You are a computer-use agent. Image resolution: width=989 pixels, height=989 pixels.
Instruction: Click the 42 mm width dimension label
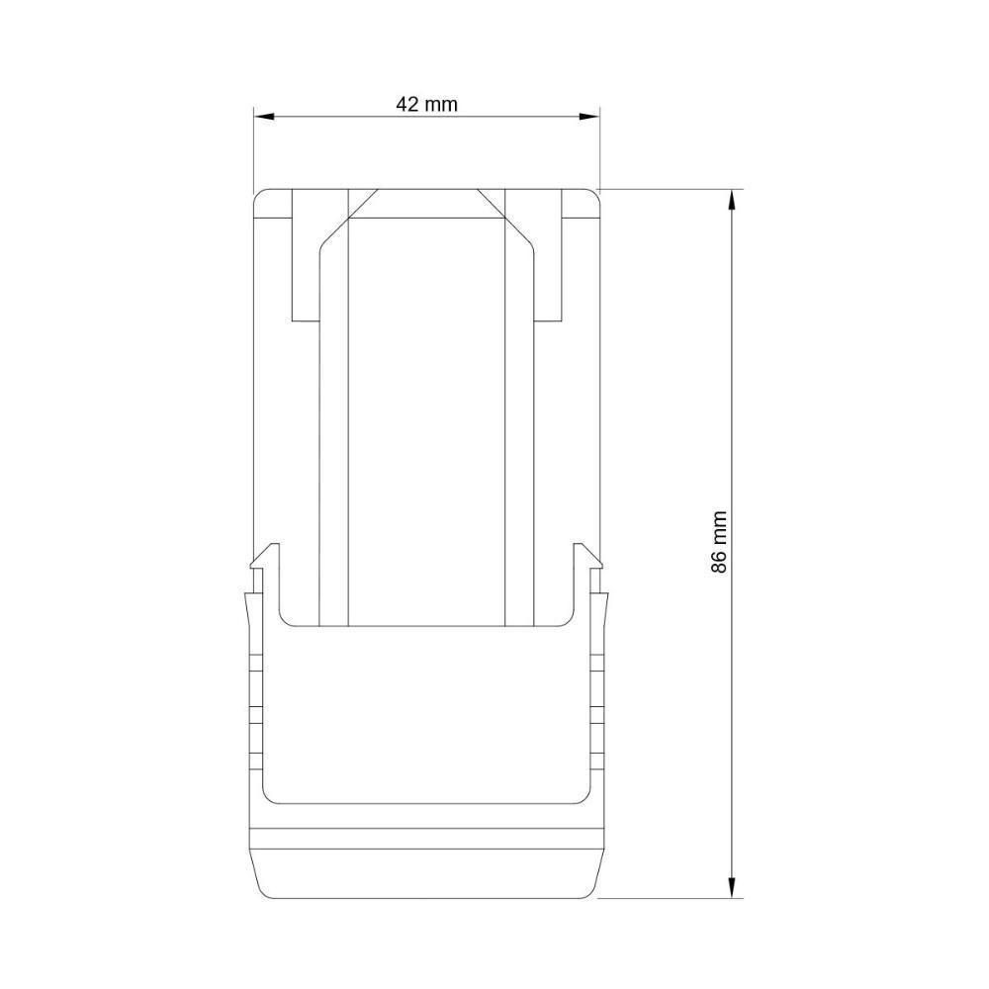[x=426, y=104]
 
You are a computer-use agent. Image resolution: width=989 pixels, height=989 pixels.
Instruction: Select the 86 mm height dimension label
[x=719, y=542]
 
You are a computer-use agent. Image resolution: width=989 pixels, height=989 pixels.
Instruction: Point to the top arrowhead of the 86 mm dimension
[x=732, y=199]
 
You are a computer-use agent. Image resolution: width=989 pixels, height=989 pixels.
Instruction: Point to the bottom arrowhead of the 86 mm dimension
[x=732, y=887]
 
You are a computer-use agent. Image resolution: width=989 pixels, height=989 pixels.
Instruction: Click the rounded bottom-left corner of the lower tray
[x=270, y=794]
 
